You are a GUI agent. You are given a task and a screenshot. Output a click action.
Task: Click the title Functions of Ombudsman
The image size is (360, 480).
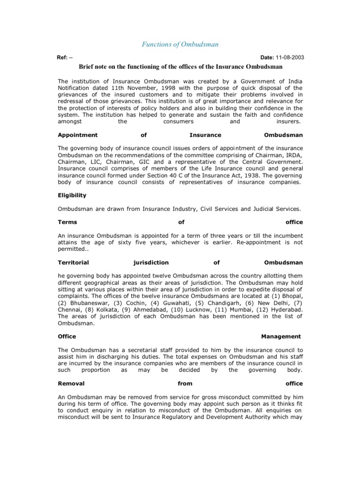pos(180,45)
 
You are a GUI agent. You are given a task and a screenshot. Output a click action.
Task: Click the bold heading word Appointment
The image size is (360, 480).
pos(77,135)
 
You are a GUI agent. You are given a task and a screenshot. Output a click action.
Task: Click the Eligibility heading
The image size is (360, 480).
pos(72,195)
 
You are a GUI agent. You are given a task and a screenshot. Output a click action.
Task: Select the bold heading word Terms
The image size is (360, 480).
pos(67,222)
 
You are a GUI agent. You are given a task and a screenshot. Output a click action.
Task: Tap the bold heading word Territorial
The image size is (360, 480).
pos(73,262)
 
